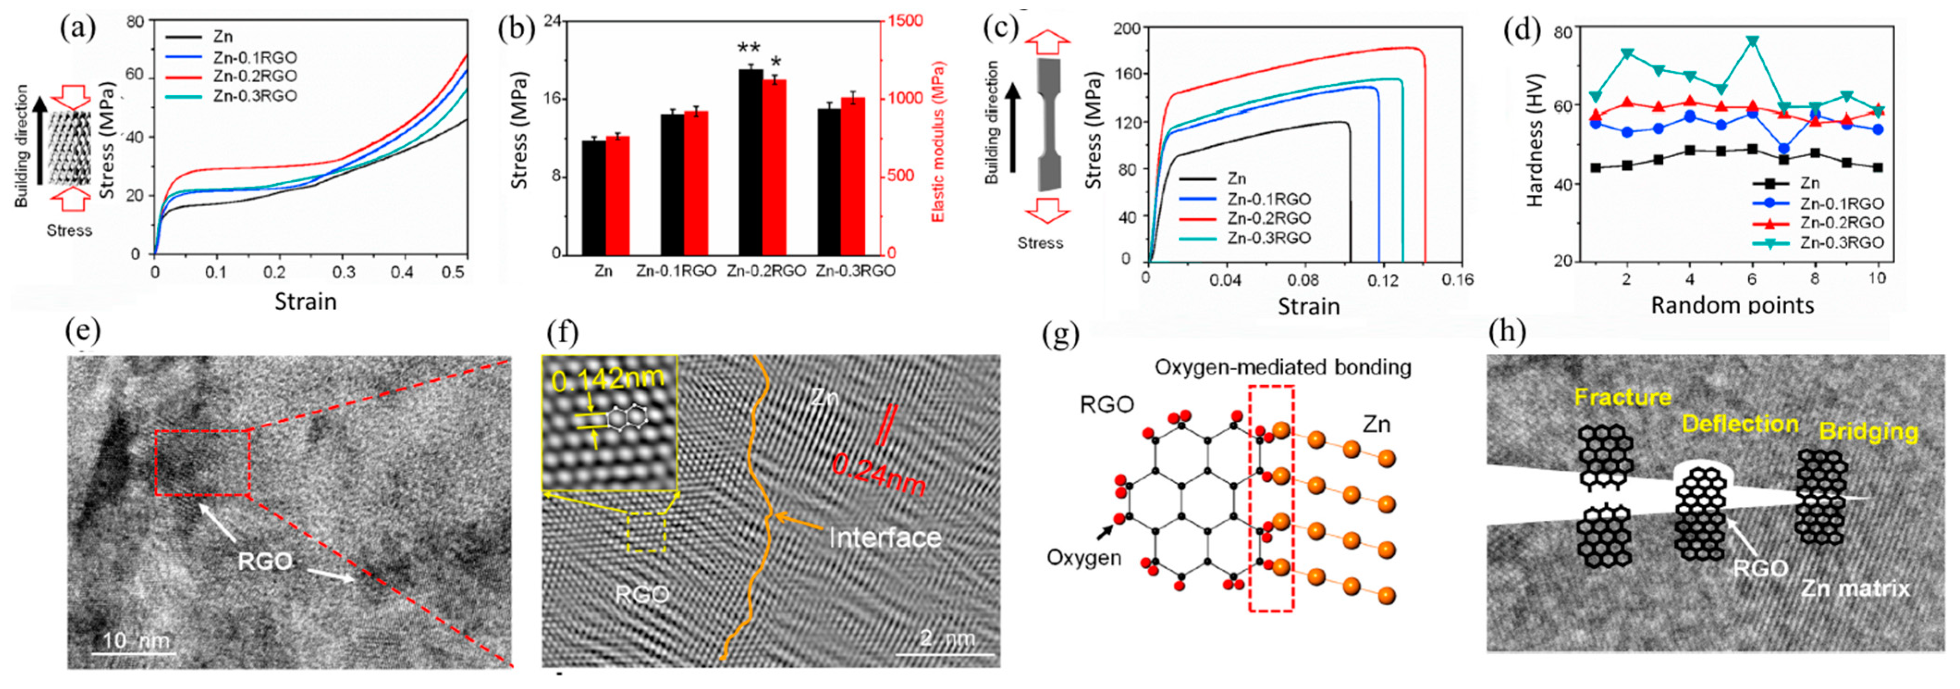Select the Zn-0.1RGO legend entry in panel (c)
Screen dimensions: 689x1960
tap(1268, 199)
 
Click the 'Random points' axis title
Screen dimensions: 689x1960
tap(1732, 305)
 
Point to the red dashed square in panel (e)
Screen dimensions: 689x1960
tap(202, 463)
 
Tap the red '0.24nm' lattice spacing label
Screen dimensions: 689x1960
tap(878, 473)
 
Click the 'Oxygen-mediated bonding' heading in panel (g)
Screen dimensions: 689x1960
tap(1283, 368)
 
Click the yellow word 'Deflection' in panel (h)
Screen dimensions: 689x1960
tap(1739, 424)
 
